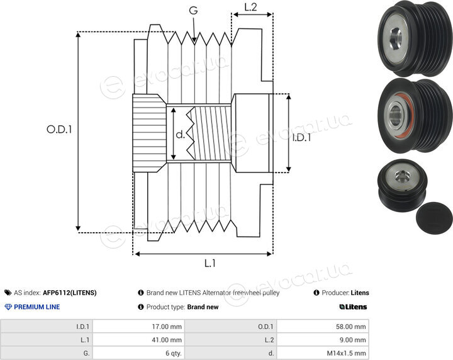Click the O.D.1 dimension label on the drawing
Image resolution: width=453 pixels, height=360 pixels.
(x=59, y=129)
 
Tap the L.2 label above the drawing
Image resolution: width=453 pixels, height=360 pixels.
(x=250, y=7)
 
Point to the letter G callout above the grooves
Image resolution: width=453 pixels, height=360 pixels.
(x=193, y=11)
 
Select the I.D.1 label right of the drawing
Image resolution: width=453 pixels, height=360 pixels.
(x=301, y=138)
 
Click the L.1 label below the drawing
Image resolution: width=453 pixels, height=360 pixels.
(x=210, y=263)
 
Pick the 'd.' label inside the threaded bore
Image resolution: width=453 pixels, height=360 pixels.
(x=180, y=134)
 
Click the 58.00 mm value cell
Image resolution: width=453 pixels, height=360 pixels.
(x=322, y=327)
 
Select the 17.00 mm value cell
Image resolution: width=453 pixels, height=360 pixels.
(x=138, y=327)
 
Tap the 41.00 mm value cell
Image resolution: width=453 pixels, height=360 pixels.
(x=138, y=340)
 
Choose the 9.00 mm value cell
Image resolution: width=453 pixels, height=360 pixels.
(x=322, y=340)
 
